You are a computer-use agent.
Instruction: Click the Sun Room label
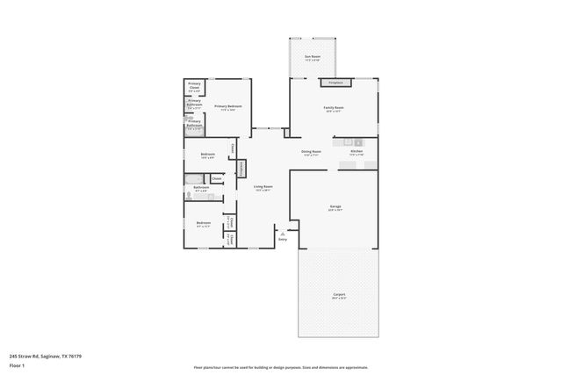312,57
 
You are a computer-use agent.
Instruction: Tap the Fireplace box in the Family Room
335,83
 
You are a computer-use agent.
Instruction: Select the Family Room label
334,110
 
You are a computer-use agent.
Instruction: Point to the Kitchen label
357,152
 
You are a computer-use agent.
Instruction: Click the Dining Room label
311,153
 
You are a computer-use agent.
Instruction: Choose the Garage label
335,208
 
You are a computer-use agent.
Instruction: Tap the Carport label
338,296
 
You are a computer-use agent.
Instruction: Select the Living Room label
263,188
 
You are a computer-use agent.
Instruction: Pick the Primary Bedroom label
227,107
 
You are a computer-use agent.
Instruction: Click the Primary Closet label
194,87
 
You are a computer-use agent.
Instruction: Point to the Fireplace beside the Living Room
241,167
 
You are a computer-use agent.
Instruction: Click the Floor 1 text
17,364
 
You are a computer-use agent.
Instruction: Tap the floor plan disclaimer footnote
280,367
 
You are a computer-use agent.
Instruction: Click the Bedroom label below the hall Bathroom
204,224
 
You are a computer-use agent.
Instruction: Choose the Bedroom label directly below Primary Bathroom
208,156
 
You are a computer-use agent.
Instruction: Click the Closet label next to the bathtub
217,178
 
